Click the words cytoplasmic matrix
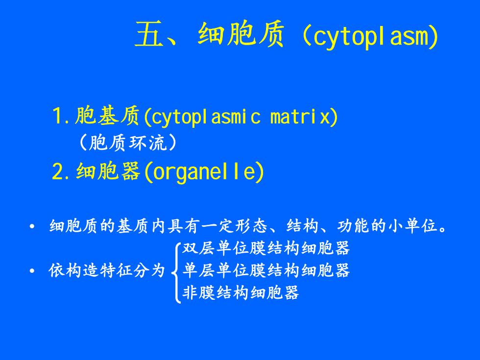(x=240, y=117)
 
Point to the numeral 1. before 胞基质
(x=62, y=116)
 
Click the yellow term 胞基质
(x=107, y=116)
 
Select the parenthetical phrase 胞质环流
(x=128, y=143)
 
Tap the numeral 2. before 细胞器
(x=62, y=171)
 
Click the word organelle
(x=204, y=172)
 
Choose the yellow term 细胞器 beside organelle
(x=108, y=171)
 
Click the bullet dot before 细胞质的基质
(x=32, y=227)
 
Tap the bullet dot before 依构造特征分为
(x=32, y=270)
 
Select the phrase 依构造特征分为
(x=107, y=270)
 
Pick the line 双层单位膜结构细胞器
(x=265, y=248)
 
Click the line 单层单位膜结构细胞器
(x=265, y=270)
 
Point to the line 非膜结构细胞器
(x=240, y=292)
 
